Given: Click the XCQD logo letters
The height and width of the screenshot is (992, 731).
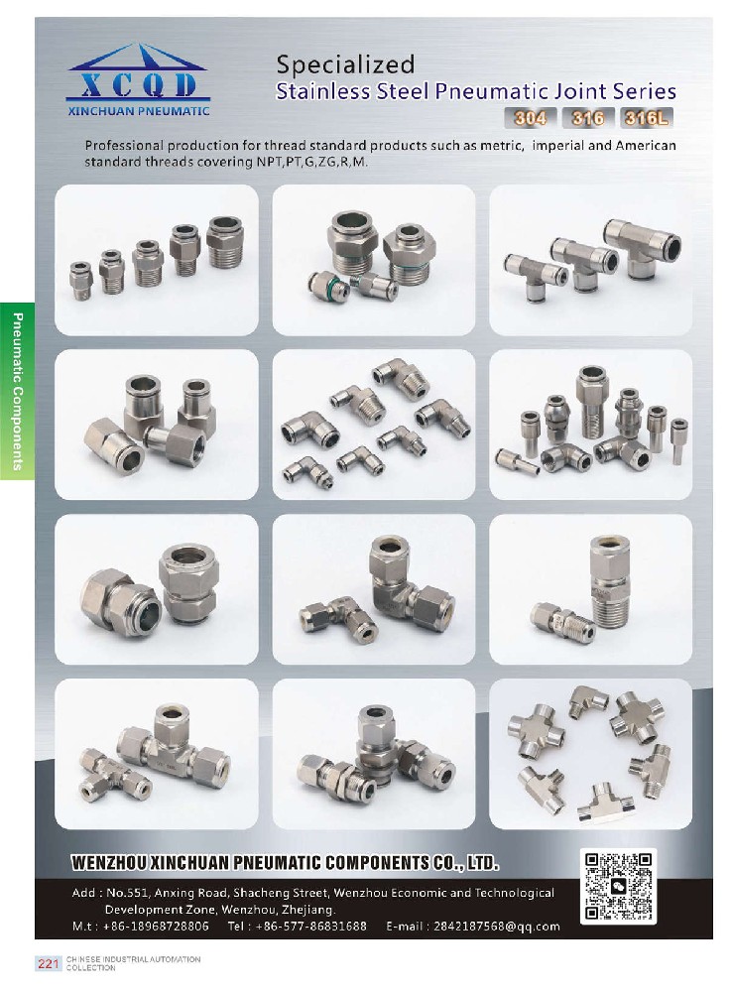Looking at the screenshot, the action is (139, 84).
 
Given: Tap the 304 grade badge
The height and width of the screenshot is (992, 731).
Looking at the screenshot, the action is (530, 118).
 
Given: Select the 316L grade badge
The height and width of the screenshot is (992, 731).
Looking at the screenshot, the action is (647, 118).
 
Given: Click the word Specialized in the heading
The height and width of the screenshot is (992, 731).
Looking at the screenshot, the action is (345, 64).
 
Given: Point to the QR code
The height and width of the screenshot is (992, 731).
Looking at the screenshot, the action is (617, 886).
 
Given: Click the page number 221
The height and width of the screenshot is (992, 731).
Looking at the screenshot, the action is (48, 963).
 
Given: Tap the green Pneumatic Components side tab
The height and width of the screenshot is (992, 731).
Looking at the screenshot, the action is (17, 391).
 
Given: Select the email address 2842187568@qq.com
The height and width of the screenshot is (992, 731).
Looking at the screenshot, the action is (496, 927).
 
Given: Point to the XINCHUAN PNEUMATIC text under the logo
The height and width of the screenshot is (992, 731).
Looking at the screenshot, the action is (139, 111).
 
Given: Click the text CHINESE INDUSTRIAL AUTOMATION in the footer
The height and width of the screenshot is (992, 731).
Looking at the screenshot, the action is (134, 959).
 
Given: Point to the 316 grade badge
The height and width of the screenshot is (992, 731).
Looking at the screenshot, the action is (588, 118).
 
